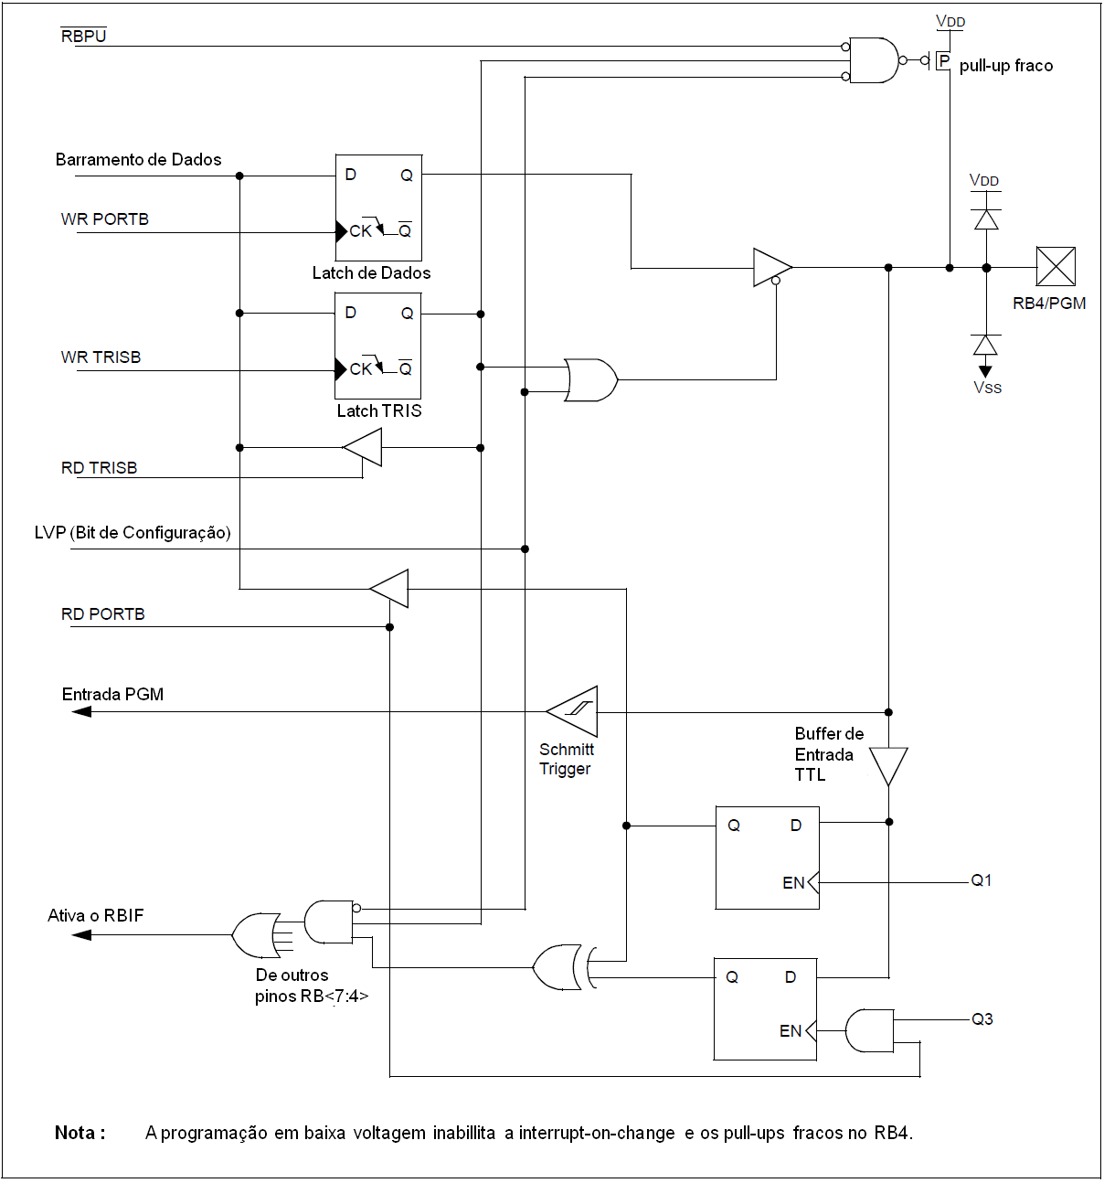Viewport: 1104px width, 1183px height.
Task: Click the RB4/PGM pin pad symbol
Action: tap(1056, 266)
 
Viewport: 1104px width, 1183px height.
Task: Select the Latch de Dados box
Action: tap(378, 208)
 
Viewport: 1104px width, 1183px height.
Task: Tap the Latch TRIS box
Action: tap(378, 346)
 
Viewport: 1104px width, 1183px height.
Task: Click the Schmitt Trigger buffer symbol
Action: tap(572, 711)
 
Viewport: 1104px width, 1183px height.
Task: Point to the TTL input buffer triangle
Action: tap(888, 766)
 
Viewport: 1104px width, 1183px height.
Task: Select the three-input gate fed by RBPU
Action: tap(874, 60)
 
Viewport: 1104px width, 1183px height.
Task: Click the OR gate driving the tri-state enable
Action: tap(590, 380)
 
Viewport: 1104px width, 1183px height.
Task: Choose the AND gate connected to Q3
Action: tap(869, 1030)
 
